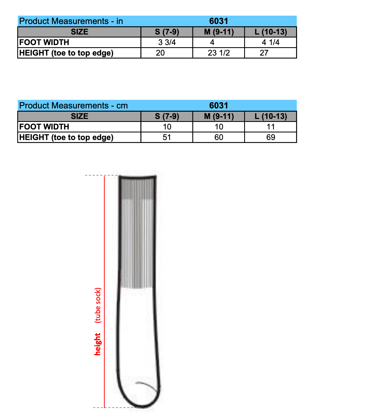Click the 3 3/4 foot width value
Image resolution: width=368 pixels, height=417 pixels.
point(167,42)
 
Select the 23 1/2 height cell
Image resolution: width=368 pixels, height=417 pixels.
point(219,53)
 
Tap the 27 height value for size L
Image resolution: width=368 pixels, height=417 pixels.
point(264,53)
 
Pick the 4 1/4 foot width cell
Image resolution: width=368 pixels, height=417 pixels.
point(270,42)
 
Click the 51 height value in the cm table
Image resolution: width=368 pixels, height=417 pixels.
point(167,137)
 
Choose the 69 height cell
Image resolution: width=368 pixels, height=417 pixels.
point(270,137)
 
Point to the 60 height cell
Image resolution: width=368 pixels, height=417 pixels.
point(219,137)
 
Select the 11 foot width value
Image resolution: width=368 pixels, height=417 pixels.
point(270,127)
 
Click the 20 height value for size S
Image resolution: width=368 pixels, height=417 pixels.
point(160,53)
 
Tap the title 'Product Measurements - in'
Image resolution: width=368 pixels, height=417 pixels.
point(71,21)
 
